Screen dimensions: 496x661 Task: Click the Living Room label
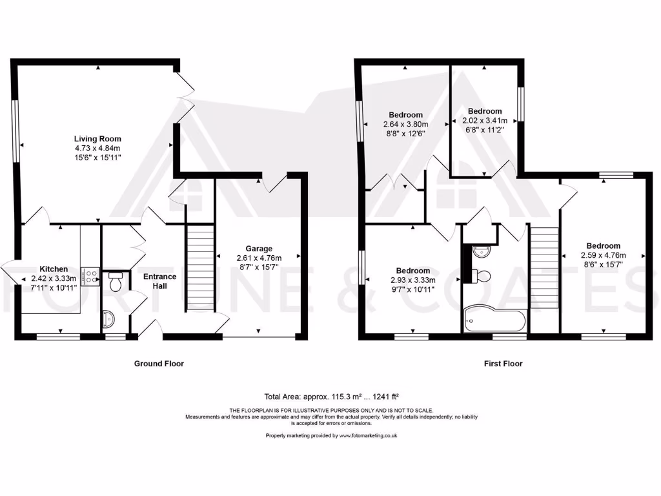point(97,139)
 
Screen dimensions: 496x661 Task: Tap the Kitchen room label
point(54,269)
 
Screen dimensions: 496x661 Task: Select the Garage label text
point(258,249)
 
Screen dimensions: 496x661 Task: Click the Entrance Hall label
point(159,281)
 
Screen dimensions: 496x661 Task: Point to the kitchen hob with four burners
point(90,277)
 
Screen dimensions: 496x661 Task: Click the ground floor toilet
point(116,282)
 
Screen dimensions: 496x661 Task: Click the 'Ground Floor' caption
point(159,364)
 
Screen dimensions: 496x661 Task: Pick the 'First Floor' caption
point(503,364)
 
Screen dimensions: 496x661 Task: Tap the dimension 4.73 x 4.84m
point(97,148)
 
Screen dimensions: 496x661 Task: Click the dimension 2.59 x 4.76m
point(603,254)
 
